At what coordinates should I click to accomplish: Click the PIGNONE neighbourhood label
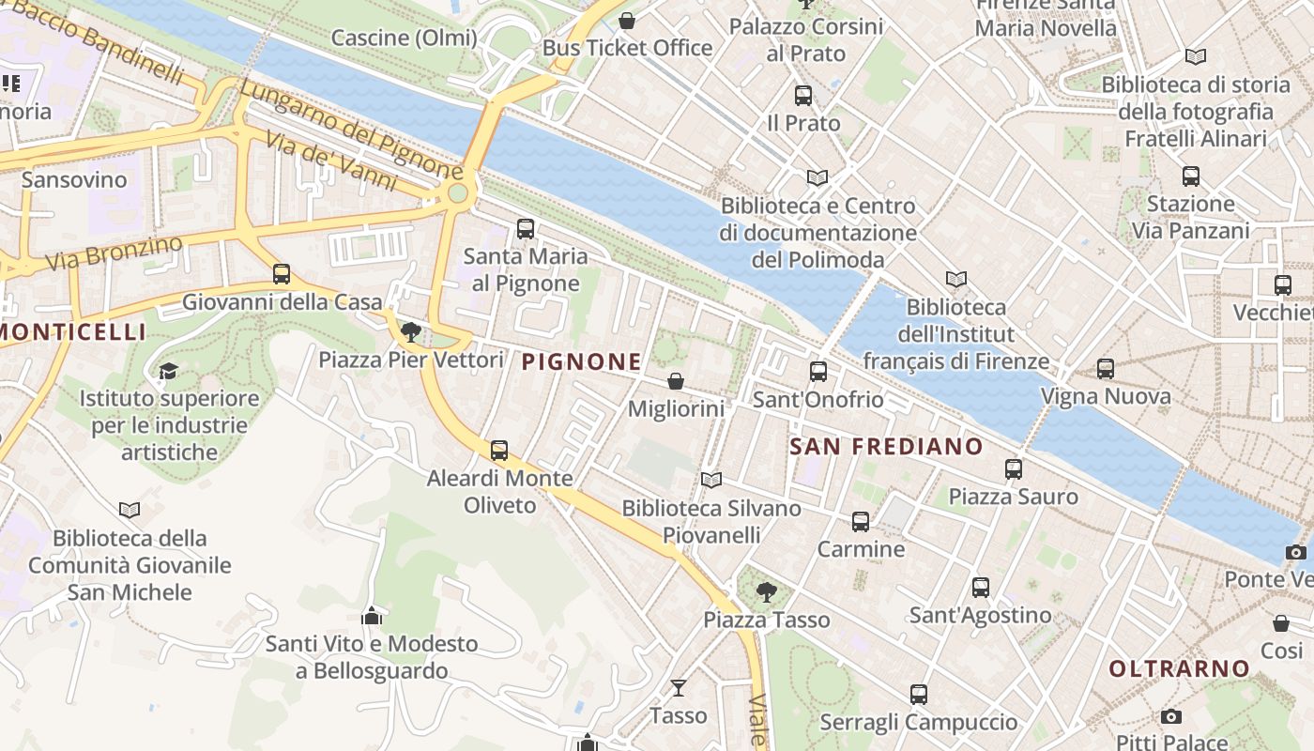582,361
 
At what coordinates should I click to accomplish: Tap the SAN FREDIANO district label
886,447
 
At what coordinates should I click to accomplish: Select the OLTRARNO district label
1180,669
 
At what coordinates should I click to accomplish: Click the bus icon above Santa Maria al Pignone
526,228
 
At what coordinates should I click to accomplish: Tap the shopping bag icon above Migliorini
675,381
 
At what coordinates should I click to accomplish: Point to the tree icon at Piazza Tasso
767,591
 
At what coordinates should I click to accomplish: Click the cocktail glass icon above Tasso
678,687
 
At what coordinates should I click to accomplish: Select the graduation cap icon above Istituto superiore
168,371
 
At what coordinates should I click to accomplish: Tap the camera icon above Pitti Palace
1170,717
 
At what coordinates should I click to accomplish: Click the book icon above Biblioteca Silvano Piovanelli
711,481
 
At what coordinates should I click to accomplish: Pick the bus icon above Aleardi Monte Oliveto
499,451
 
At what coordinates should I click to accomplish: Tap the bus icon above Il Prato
803,95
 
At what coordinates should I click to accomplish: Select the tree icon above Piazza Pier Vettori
410,331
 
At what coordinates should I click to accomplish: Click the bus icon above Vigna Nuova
1106,369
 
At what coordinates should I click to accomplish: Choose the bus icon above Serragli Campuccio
919,695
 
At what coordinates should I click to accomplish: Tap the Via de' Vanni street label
330,161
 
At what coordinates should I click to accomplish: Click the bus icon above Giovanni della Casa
282,274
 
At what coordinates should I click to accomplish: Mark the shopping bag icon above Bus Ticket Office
627,20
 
